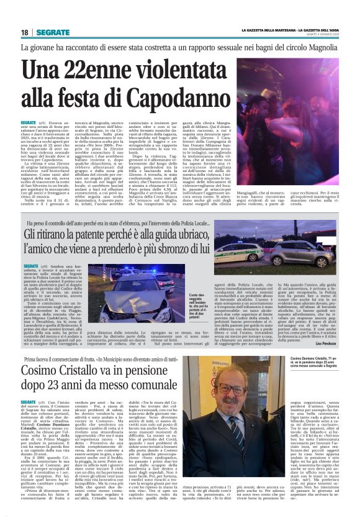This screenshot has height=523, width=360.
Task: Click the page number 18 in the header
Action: click(24, 32)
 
